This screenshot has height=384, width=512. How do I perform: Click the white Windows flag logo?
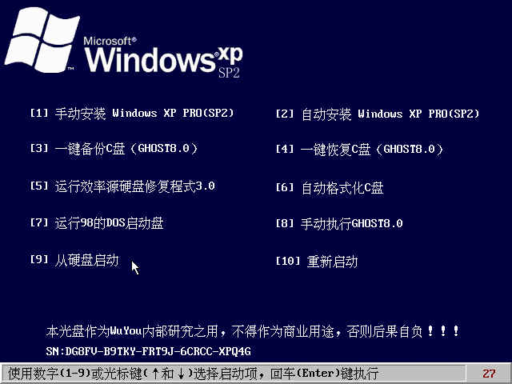pos(42,39)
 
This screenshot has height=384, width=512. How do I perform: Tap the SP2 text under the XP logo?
pos(229,73)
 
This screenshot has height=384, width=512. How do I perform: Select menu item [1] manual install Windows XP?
pos(132,114)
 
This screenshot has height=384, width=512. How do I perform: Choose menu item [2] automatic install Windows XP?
pos(378,114)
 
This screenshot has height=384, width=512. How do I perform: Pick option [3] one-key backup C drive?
pos(114,149)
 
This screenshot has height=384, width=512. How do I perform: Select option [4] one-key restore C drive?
pos(359,150)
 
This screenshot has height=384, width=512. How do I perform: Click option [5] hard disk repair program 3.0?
pos(122,186)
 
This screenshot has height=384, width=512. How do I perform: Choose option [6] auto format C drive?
pos(330,188)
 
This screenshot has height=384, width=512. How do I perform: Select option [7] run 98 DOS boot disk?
pos(97,223)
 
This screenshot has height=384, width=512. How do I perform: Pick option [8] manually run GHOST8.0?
pos(339,224)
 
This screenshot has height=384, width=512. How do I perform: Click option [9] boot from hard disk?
pos(74,260)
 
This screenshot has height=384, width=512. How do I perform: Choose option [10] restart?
pos(317,262)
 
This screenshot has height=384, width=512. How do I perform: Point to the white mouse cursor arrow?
pos(135,268)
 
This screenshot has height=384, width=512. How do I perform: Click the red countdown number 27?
pos(489,374)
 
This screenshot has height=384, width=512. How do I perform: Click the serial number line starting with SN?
pos(149,351)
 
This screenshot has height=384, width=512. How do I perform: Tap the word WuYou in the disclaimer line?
pos(126,331)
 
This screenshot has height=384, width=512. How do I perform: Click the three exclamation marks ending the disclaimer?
pos(443,331)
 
